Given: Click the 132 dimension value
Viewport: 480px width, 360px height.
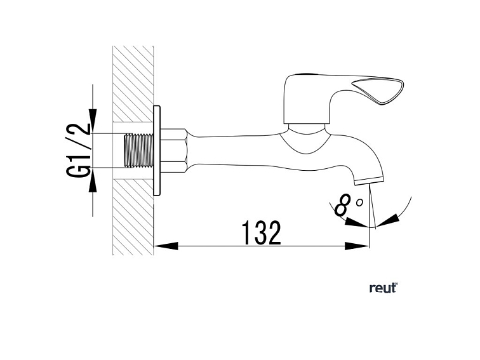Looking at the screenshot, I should tap(261, 233).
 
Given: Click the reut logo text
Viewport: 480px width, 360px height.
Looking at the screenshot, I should tap(382, 288).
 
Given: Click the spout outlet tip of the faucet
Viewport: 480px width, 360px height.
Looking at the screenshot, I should tap(368, 180).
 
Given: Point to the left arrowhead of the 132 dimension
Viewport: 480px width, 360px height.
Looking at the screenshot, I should tap(164, 245).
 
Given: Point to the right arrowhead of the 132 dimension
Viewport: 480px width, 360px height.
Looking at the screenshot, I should tap(361, 245).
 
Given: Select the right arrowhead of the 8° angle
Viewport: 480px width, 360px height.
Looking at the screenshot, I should tap(391, 218).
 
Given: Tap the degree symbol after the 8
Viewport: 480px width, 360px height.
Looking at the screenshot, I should tap(359, 202).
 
